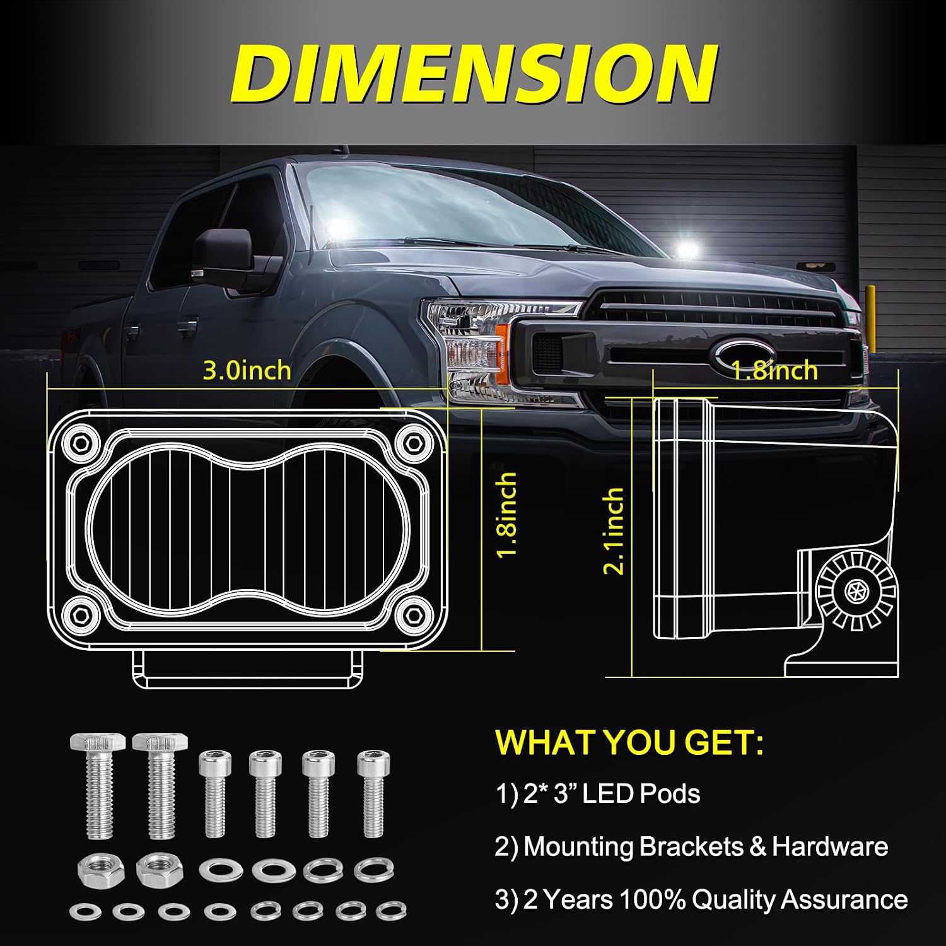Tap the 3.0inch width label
click(x=247, y=370)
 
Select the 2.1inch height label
click(x=614, y=530)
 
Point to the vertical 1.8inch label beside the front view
click(x=506, y=515)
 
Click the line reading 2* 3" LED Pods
click(x=598, y=793)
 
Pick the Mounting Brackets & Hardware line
click(x=691, y=846)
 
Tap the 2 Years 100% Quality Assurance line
click(x=701, y=899)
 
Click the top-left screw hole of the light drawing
click(x=81, y=441)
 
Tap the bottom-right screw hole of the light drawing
click(x=415, y=612)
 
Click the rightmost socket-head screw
click(x=373, y=794)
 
